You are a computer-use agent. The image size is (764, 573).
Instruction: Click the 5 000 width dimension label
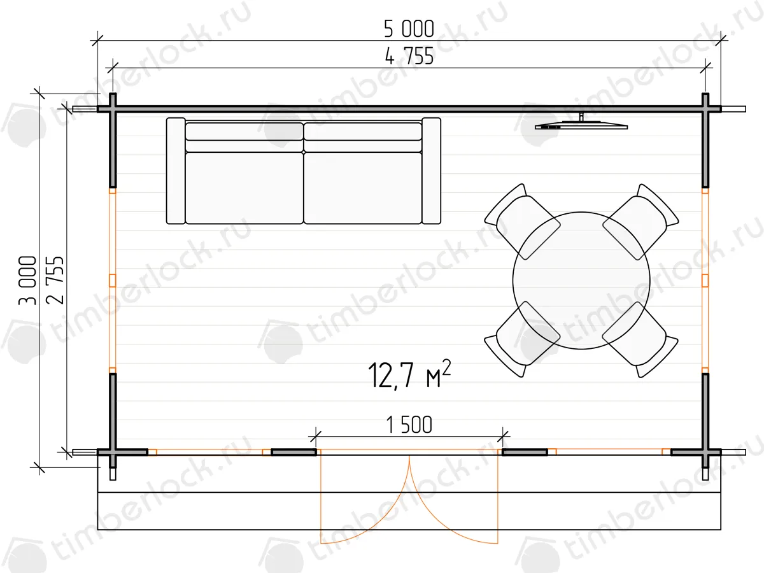[x=409, y=29]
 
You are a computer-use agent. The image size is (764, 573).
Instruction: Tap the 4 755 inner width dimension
[x=409, y=56]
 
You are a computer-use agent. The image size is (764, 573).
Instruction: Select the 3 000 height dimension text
[x=27, y=280]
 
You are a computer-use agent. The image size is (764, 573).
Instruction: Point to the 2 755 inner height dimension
[x=55, y=280]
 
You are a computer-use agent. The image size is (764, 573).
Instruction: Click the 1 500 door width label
[x=409, y=425]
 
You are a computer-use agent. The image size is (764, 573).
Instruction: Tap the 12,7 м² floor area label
[x=409, y=374]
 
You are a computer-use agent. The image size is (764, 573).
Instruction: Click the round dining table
[x=581, y=280]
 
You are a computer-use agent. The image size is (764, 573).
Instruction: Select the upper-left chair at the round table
[x=521, y=222]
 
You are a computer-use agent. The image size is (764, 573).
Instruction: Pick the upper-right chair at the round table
[x=640, y=222]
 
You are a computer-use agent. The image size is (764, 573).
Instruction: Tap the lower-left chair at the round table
[x=521, y=339]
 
